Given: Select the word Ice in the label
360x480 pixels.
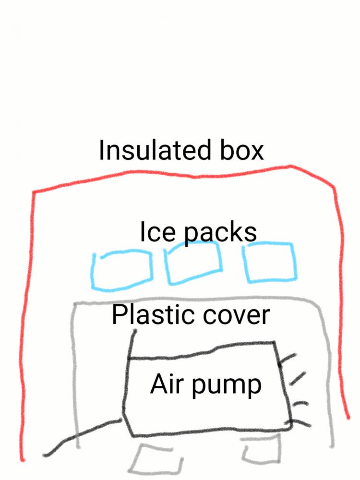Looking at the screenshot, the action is [157, 232].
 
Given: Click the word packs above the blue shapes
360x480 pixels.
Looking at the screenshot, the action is [220, 233].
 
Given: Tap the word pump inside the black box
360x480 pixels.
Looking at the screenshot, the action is [227, 386].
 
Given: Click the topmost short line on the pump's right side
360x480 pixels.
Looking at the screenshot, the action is [288, 359].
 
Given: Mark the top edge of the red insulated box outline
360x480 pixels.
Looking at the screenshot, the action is [184, 175].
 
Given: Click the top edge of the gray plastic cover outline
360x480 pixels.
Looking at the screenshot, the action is [196, 298].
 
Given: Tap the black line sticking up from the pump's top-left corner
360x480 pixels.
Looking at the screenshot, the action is [132, 344].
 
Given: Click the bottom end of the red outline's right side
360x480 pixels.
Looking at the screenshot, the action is [348, 418].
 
